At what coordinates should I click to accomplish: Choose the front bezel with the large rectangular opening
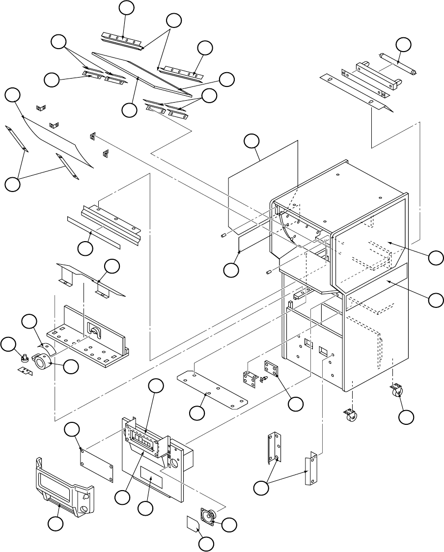pyautogui.click(x=63, y=483)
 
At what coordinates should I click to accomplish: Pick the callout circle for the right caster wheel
pyautogui.click(x=406, y=417)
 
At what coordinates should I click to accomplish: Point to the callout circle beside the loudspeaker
pyautogui.click(x=228, y=524)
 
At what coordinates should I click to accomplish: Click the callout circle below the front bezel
pyautogui.click(x=55, y=524)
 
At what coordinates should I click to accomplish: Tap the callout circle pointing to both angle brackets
pyautogui.click(x=261, y=488)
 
